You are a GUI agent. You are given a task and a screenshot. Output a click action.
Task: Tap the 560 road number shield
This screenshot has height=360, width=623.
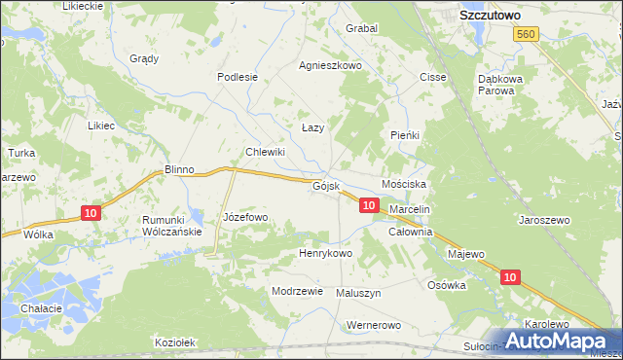click(x=527, y=34)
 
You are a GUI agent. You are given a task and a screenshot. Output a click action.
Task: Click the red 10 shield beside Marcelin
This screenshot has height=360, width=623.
click(x=368, y=205)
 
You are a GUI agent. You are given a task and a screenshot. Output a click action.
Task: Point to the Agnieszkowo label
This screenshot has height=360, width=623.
click(x=331, y=66)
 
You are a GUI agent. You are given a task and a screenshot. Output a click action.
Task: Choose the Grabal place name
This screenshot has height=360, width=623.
click(x=361, y=28)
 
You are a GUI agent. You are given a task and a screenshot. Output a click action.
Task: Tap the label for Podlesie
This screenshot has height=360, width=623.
click(x=238, y=77)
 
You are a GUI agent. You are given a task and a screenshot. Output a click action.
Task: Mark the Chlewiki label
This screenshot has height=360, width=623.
click(x=265, y=152)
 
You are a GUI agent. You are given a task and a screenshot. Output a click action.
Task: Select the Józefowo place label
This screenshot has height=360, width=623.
click(x=245, y=217)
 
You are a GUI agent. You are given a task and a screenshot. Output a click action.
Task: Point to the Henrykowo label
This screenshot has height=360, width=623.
click(x=324, y=253)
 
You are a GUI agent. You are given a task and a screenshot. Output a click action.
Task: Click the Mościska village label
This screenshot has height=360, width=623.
click(x=404, y=184)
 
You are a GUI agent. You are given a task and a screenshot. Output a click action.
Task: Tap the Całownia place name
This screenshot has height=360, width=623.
click(x=410, y=233)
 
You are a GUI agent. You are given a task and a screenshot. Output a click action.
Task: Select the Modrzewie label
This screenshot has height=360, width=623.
click(x=297, y=291)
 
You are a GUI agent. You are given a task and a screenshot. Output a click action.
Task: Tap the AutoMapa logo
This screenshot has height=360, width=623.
click(x=558, y=341)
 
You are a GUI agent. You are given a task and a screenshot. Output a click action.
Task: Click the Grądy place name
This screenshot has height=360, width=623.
click(x=144, y=58)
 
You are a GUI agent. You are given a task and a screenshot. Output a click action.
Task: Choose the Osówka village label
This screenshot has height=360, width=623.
click(x=448, y=285)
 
